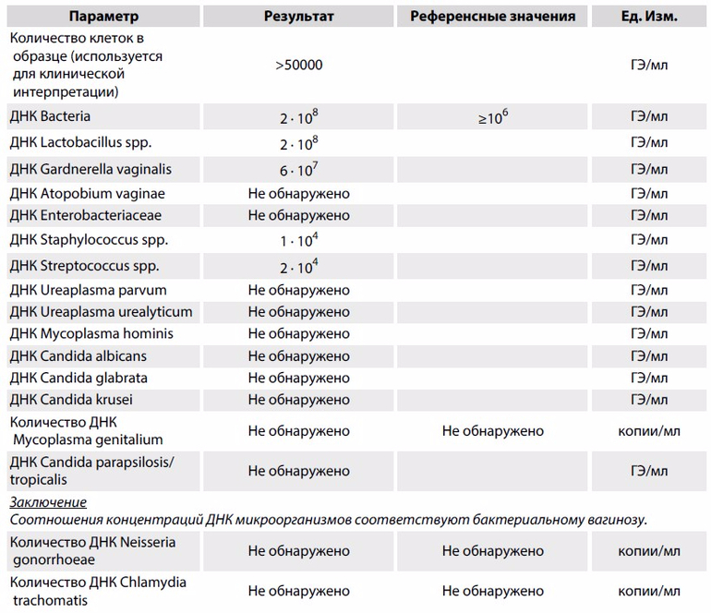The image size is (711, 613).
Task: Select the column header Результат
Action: [x=298, y=17]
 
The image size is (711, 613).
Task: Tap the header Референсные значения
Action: [x=493, y=17]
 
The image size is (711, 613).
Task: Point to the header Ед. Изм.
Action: [x=648, y=17]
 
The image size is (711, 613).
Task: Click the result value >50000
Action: [x=298, y=66]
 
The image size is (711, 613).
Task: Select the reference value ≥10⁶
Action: [x=493, y=118]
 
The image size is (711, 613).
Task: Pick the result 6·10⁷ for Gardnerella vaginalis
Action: [x=298, y=170]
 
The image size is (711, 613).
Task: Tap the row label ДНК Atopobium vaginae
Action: [x=87, y=193]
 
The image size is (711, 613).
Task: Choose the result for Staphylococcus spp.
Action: [x=298, y=240]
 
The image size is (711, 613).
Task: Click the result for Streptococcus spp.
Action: [x=298, y=266]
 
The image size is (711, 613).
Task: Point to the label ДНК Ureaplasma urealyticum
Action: [x=101, y=312]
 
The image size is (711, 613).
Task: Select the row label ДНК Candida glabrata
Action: [x=78, y=378]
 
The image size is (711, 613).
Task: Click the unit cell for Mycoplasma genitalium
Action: [x=648, y=431]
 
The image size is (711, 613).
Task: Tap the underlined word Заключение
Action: [x=48, y=502]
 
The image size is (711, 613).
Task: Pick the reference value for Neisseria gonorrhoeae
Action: [x=493, y=551]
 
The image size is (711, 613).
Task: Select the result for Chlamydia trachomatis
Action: [x=298, y=591]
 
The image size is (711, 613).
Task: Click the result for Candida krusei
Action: [x=298, y=400]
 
